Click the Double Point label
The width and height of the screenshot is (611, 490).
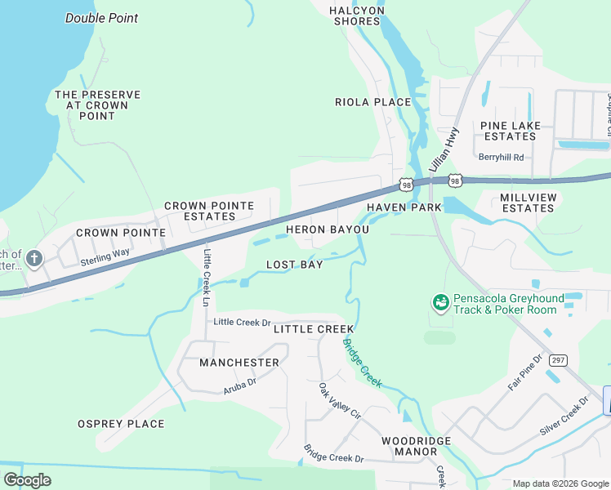click(x=101, y=18)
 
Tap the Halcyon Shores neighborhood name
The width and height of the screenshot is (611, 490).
click(x=357, y=16)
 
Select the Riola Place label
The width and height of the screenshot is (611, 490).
click(x=372, y=102)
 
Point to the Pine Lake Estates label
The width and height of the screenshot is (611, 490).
click(x=508, y=131)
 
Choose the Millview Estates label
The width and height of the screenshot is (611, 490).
click(x=528, y=203)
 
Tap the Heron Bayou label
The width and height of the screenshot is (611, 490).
click(x=327, y=229)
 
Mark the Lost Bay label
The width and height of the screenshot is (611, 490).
click(x=294, y=265)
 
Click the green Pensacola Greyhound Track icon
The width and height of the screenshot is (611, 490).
click(x=440, y=303)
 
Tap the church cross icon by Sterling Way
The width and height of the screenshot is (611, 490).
click(x=33, y=259)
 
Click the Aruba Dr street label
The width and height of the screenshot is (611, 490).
click(x=240, y=386)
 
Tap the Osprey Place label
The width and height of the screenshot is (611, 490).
click(x=121, y=424)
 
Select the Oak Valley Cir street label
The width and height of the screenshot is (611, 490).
click(x=339, y=401)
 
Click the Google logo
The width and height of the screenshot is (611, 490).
click(x=27, y=480)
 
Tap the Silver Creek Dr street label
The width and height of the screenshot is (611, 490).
click(x=564, y=417)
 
